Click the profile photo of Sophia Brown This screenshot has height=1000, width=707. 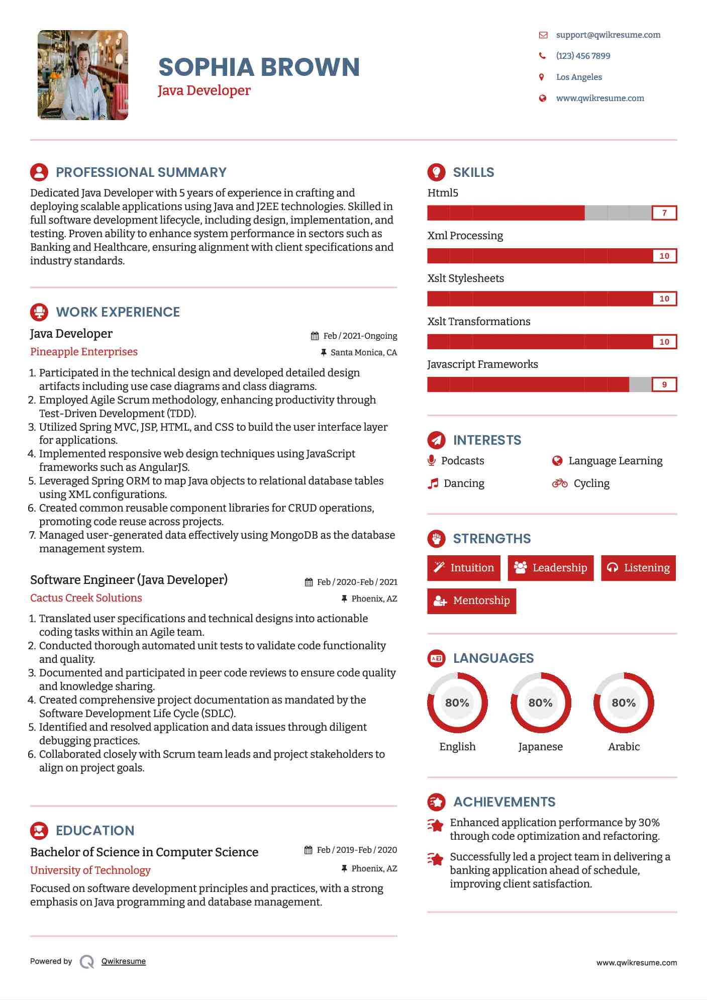click(x=83, y=75)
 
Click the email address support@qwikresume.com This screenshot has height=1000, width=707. click(x=608, y=35)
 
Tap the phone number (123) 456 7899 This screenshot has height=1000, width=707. click(x=583, y=56)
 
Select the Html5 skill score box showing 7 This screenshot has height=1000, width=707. click(x=664, y=213)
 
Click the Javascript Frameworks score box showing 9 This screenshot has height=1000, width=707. click(x=664, y=384)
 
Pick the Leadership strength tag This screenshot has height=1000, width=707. click(x=551, y=568)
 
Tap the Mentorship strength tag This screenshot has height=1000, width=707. click(x=471, y=601)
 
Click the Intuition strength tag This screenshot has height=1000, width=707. click(x=464, y=568)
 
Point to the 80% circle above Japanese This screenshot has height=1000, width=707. click(x=541, y=703)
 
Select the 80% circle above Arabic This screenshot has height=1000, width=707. click(x=624, y=703)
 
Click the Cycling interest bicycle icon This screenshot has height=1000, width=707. click(x=559, y=483)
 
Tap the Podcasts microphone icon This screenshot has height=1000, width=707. click(x=431, y=460)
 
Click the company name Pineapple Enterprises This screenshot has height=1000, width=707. click(x=84, y=352)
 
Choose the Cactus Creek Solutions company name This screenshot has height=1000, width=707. click(x=86, y=598)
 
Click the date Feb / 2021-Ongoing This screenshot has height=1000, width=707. click(x=360, y=336)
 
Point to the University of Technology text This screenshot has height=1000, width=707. click(x=90, y=870)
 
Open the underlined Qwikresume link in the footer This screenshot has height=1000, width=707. click(x=124, y=961)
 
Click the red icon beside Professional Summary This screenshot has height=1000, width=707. click(x=39, y=172)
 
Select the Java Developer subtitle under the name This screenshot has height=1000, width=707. click(x=204, y=90)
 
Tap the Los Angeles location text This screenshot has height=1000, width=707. click(x=579, y=77)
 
